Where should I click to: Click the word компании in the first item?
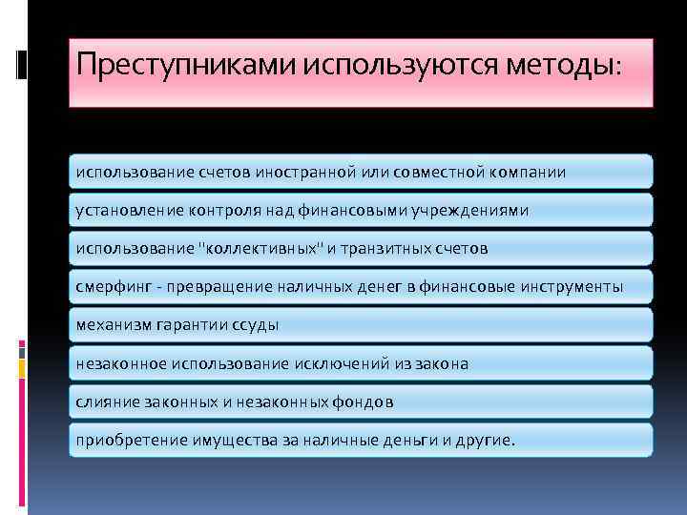tap(524, 173)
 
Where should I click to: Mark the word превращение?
tap(219, 287)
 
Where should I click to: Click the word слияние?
tap(106, 402)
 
